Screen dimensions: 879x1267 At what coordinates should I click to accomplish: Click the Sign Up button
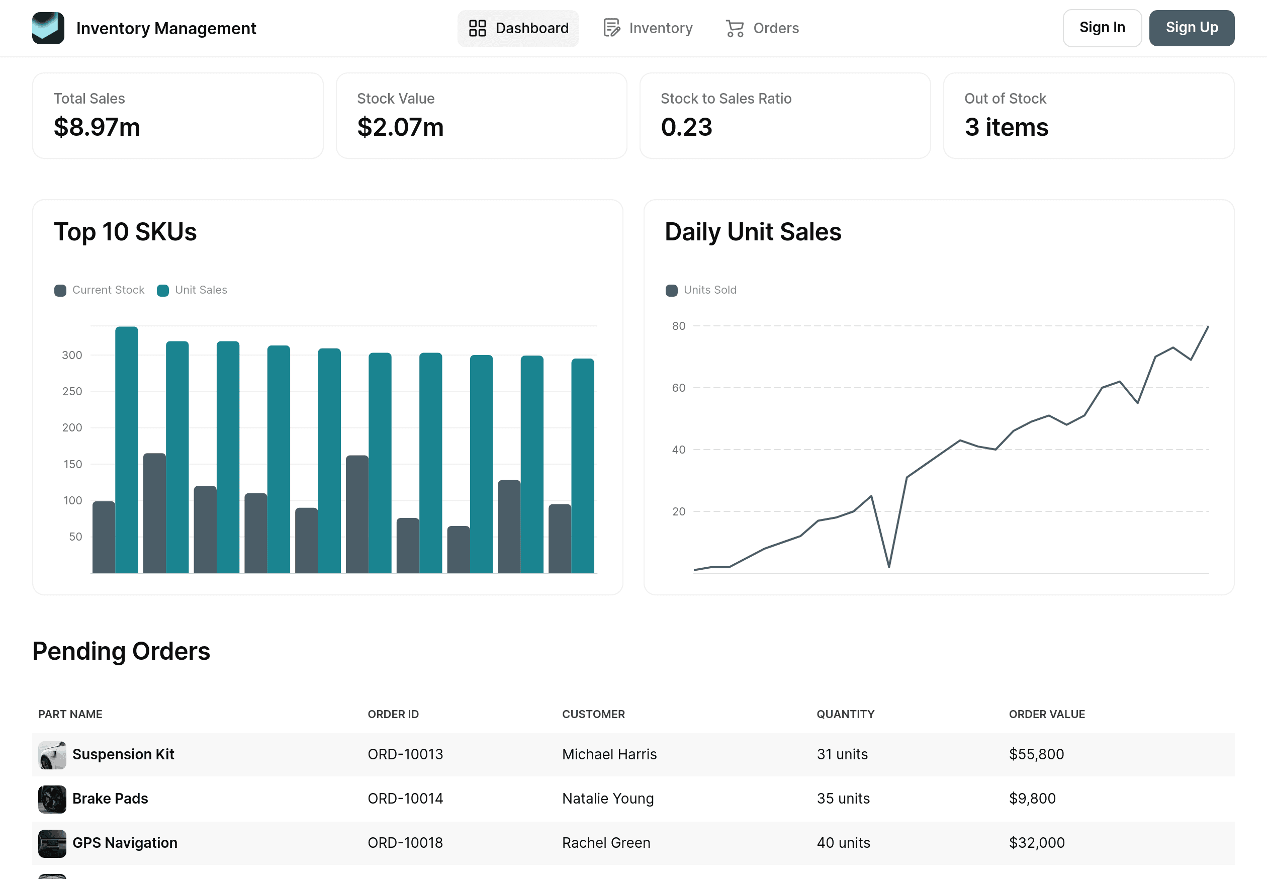[1191, 28]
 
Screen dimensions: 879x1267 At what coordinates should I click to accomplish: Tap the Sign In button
[1101, 28]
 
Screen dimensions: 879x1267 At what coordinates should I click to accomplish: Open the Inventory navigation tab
[648, 28]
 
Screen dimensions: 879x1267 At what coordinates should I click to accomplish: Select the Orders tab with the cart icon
[762, 28]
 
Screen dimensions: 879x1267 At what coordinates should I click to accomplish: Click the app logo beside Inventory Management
[48, 28]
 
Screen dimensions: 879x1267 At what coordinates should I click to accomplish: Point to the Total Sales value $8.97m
[97, 127]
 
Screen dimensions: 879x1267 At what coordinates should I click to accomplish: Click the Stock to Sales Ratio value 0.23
[686, 127]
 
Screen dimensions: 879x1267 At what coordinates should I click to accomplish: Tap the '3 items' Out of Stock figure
[1006, 127]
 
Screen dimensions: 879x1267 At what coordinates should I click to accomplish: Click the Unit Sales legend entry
[192, 290]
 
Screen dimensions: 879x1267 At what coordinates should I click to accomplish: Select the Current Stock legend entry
[100, 290]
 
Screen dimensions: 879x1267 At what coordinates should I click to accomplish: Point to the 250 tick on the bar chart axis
[72, 392]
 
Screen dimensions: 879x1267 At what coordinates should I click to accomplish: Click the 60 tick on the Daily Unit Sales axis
[678, 388]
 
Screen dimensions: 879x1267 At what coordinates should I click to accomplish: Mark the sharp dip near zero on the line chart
[888, 566]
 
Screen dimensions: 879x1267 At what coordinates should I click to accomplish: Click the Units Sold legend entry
[701, 290]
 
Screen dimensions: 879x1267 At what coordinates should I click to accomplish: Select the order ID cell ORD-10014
[405, 799]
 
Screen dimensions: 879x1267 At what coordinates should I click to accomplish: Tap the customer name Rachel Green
[606, 843]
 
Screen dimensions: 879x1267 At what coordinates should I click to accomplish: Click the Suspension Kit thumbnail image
[52, 754]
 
